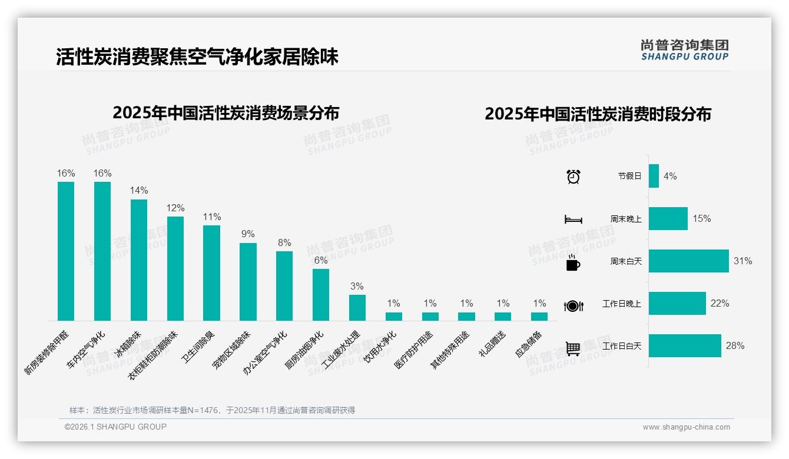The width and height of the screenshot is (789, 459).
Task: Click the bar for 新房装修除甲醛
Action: [x=66, y=251]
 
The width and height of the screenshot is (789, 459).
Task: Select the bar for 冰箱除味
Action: [x=139, y=260]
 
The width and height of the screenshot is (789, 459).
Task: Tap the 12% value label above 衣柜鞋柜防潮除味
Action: [x=175, y=208]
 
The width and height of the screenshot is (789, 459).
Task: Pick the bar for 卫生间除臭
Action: [x=211, y=273]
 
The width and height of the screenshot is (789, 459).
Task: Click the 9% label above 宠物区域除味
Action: [x=248, y=234]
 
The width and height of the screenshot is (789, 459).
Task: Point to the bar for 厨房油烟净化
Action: [x=321, y=295]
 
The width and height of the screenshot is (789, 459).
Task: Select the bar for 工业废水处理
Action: [x=357, y=308]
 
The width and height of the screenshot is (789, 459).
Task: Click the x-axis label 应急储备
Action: [x=529, y=345]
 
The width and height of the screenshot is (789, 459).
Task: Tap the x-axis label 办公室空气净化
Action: [x=266, y=352]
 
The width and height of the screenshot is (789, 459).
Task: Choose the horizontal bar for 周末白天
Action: [x=688, y=261]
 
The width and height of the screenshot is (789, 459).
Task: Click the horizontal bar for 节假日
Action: [x=654, y=176]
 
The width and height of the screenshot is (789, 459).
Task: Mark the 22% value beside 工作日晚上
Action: [x=720, y=303]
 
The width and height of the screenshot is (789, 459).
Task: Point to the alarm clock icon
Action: [x=573, y=176]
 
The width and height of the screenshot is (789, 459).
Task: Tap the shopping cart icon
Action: [x=573, y=349]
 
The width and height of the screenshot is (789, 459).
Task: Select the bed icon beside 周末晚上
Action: [x=573, y=219]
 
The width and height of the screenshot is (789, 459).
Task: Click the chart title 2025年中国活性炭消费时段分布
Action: [x=598, y=114]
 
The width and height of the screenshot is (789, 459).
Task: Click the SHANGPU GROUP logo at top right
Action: [x=684, y=50]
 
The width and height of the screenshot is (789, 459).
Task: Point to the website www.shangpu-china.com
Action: [x=686, y=427]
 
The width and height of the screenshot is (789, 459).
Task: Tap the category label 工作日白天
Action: [x=622, y=346]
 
